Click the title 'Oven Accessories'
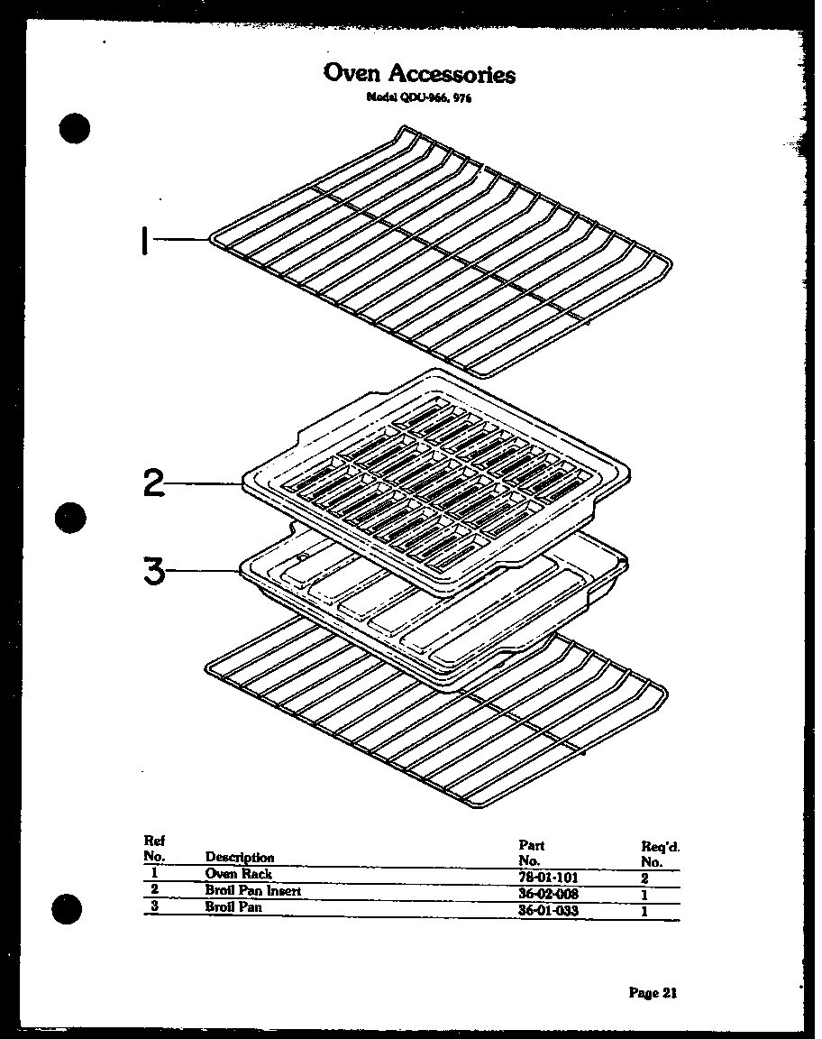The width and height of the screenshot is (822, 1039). (419, 73)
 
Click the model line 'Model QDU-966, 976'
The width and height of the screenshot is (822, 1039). (419, 98)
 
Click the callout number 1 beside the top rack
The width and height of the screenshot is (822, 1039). (144, 241)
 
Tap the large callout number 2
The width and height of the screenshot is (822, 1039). (154, 484)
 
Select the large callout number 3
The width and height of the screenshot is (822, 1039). (154, 570)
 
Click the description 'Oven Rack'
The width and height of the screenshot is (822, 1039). (238, 874)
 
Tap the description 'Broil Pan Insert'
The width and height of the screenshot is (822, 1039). (252, 891)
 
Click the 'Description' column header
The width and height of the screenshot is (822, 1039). (240, 857)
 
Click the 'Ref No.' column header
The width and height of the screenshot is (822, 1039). (154, 848)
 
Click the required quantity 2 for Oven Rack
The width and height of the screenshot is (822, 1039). (645, 876)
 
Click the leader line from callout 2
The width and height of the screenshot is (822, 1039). (203, 484)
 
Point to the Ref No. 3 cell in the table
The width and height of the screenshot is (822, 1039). (154, 906)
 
